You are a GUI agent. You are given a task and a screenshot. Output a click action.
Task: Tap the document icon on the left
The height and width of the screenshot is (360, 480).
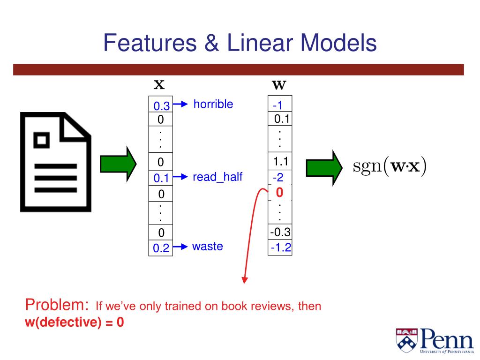click(x=55, y=162)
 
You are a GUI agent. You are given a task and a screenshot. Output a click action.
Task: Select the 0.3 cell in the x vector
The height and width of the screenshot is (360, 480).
click(x=161, y=106)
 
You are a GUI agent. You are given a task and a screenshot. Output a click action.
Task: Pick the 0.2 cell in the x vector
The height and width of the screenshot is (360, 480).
click(x=161, y=248)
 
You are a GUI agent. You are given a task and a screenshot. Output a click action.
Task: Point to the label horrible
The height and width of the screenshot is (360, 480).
click(x=213, y=104)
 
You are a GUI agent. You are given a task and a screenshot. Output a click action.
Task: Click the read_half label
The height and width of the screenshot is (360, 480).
click(x=217, y=177)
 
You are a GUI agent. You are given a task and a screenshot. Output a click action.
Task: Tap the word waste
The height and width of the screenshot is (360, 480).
click(x=207, y=247)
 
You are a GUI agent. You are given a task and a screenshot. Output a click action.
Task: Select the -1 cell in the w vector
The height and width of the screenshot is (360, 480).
click(x=280, y=106)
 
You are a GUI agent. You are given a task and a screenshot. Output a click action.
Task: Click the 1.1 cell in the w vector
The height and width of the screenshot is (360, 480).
click(x=280, y=162)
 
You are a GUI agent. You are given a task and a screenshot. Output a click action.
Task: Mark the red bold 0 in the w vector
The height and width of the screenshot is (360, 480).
click(x=280, y=193)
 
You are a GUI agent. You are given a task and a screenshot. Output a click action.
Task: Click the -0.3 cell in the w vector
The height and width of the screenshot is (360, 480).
click(x=280, y=232)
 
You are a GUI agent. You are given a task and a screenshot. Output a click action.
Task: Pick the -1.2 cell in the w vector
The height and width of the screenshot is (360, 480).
click(x=280, y=248)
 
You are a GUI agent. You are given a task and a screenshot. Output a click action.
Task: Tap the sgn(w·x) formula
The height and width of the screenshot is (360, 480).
click(x=390, y=167)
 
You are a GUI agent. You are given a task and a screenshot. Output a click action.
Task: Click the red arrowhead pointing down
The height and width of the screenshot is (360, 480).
click(x=244, y=280)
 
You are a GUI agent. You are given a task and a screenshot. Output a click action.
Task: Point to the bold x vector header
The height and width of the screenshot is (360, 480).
click(x=159, y=85)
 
